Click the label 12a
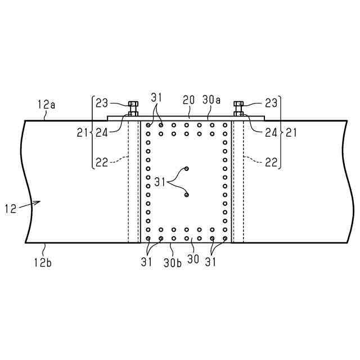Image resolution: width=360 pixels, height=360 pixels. pyautogui.click(x=46, y=104)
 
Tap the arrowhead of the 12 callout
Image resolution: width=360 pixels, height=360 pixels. pyautogui.click(x=40, y=204)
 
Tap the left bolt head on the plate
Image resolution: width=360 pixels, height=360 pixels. pyautogui.click(x=133, y=104)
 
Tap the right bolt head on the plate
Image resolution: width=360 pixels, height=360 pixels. pyautogui.click(x=238, y=104)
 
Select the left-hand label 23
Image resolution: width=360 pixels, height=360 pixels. pyautogui.click(x=102, y=103)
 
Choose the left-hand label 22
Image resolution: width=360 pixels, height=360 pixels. pyautogui.click(x=102, y=162)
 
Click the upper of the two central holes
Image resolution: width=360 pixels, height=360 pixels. pyautogui.click(x=187, y=169)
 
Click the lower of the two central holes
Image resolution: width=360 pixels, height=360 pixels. pyautogui.click(x=187, y=195)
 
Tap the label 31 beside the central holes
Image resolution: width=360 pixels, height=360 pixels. pyautogui.click(x=161, y=181)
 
